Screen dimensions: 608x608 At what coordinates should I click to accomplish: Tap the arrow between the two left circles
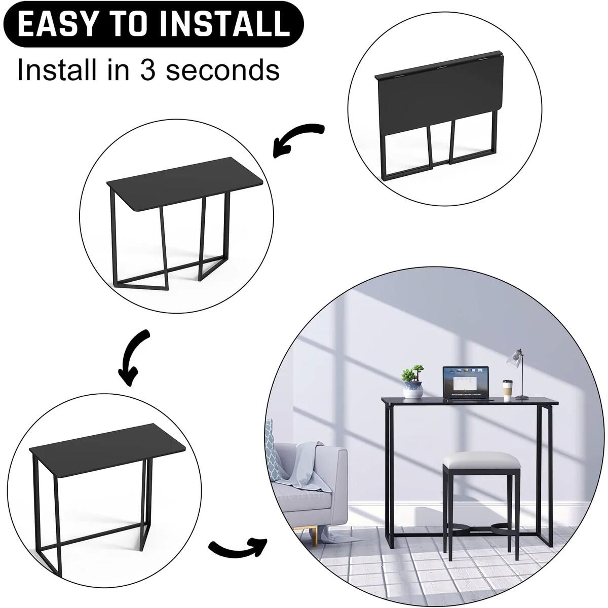tap(133, 357)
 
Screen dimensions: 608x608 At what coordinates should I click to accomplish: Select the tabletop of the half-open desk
tap(185, 193)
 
